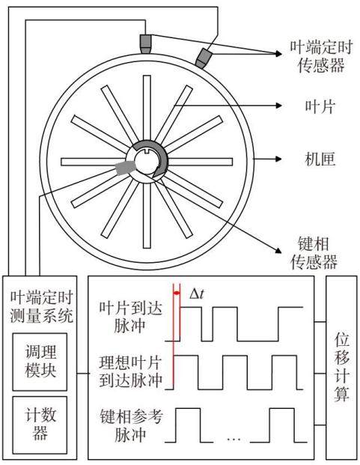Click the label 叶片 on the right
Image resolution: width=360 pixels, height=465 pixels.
320,106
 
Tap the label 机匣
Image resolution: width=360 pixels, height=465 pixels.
320,159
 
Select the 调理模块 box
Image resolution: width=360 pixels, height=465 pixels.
40,362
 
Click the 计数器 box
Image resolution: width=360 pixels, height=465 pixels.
40,425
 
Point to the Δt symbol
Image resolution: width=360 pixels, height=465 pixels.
196,294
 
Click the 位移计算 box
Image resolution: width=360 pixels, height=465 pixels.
341,367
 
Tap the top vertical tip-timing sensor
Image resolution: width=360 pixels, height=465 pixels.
145,44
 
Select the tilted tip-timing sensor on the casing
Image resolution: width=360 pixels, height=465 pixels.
203,58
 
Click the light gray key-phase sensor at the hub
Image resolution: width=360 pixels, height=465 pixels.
124,168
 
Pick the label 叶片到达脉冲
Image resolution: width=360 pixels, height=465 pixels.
130,317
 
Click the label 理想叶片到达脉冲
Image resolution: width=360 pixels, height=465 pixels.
130,371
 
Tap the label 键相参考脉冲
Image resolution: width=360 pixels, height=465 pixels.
131,425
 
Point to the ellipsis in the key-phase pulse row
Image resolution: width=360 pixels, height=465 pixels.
234,439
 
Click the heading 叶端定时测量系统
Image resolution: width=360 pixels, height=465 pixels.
41,306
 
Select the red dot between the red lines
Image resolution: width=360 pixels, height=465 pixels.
177,294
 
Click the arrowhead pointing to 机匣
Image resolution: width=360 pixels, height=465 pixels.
278,159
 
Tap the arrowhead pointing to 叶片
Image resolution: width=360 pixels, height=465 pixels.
278,106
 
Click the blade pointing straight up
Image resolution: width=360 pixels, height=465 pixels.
147,108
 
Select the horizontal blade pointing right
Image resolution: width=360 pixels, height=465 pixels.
201,162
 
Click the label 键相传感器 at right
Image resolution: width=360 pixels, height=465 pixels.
314,252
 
